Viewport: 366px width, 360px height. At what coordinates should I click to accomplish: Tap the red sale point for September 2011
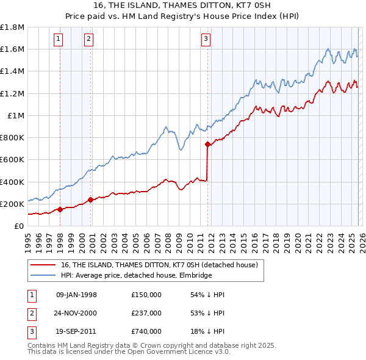[x=208, y=145]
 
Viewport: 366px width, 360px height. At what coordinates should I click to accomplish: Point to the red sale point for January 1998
[x=60, y=209]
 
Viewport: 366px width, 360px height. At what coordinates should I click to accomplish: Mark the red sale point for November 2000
[x=91, y=200]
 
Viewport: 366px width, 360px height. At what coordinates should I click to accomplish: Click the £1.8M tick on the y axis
[x=12, y=27]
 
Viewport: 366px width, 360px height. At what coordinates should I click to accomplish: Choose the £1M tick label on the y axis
[x=16, y=115]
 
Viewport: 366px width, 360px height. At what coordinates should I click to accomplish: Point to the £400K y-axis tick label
[x=12, y=182]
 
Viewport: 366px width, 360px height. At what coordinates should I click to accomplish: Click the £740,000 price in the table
[x=146, y=331]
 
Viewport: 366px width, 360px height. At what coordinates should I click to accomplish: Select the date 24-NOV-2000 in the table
[x=76, y=313]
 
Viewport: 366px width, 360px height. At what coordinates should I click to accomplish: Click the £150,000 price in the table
[x=146, y=295]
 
